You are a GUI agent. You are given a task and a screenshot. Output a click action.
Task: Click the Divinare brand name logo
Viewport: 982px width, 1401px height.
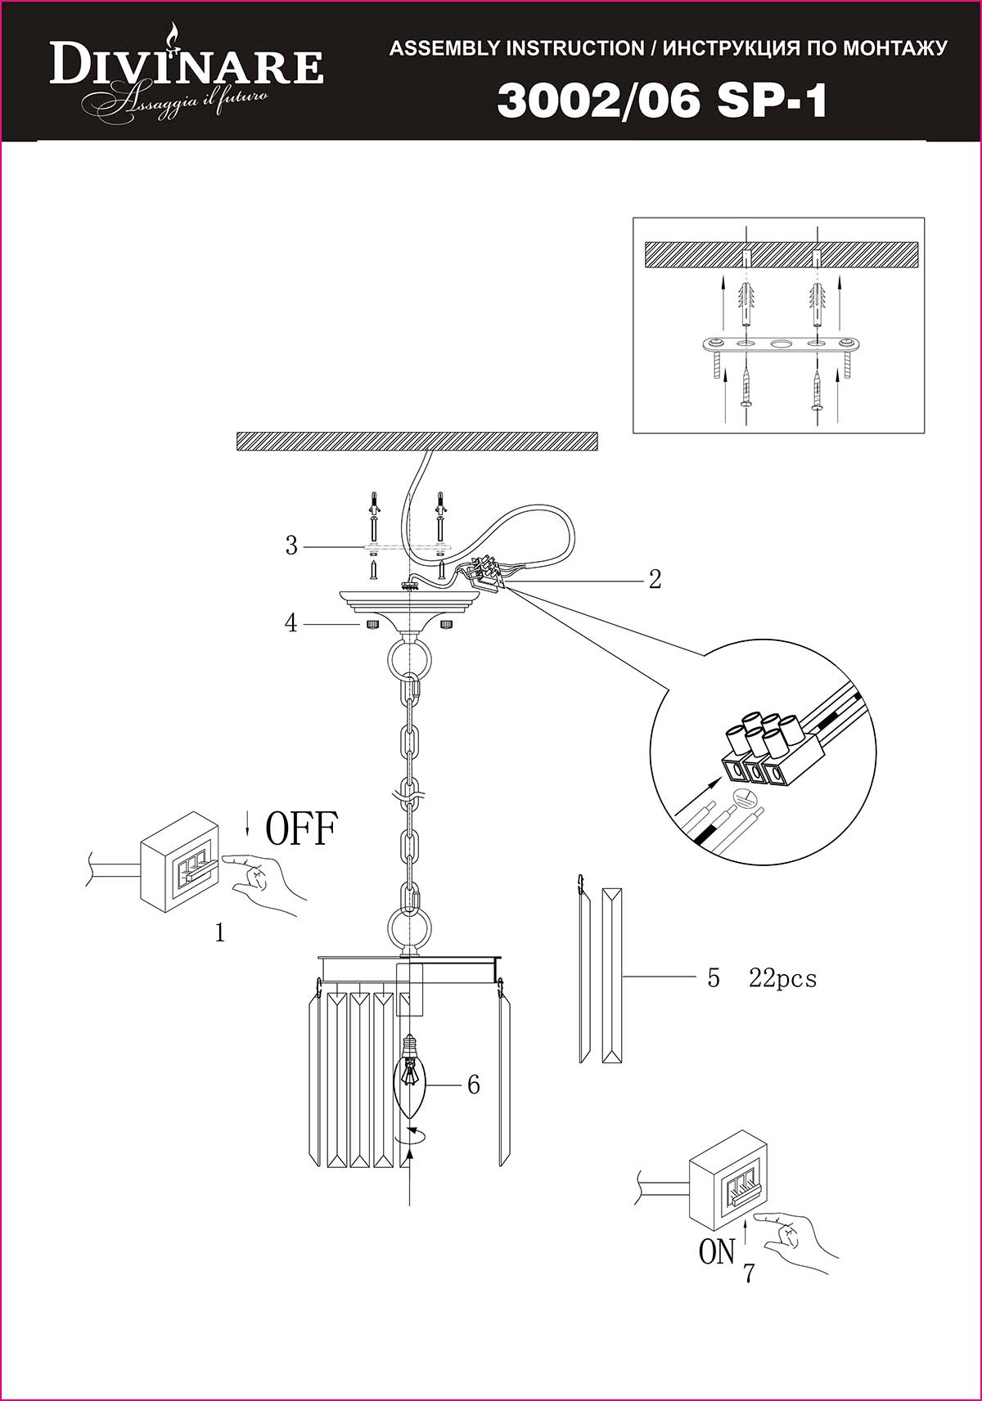coord(186,68)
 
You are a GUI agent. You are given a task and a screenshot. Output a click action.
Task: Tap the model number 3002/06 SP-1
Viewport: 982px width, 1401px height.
coord(662,101)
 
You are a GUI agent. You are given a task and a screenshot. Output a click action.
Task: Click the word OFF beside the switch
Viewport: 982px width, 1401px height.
coord(302,828)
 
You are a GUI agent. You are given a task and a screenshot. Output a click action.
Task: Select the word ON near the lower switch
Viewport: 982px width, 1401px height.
coord(717,1252)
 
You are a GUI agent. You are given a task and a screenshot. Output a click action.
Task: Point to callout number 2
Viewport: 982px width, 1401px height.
coord(655,579)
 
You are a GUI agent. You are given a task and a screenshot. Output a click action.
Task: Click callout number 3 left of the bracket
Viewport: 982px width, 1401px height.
coord(291,546)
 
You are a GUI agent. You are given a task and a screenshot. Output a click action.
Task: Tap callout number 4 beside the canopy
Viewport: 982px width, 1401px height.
coord(291,623)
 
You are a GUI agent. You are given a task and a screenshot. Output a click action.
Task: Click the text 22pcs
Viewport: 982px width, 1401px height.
coord(783,977)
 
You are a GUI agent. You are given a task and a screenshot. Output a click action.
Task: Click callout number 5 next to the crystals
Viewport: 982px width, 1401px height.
coord(714,977)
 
